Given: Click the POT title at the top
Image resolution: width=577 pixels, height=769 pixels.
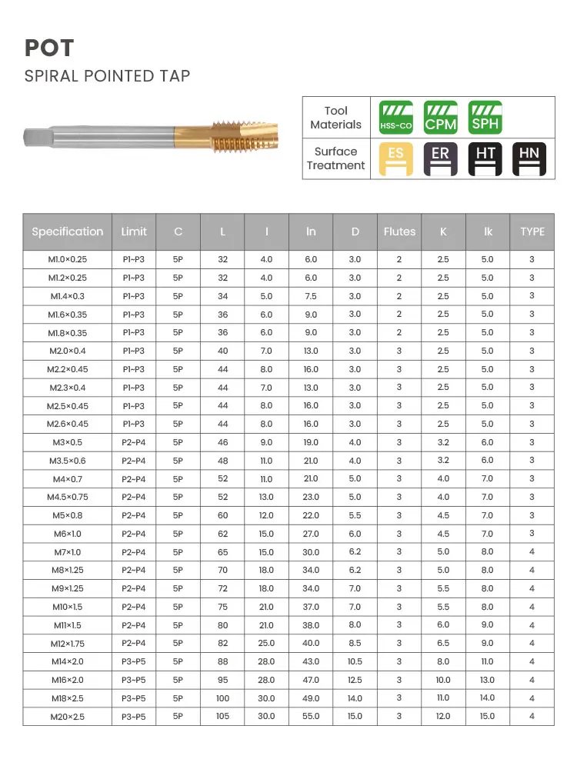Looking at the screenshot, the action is point(49,48).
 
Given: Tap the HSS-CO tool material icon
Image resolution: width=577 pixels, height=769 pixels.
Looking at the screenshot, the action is point(396,117).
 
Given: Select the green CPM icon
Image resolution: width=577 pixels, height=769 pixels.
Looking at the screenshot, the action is point(441,117).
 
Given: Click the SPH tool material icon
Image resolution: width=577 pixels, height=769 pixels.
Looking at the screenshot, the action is point(485,117).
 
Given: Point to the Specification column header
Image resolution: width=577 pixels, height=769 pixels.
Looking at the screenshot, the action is point(67,231).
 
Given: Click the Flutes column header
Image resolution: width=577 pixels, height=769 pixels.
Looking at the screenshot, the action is point(399,231).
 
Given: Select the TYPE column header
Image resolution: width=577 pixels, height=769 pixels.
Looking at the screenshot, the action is point(532,231).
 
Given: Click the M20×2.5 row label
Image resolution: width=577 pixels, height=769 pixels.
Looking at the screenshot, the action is point(67,716).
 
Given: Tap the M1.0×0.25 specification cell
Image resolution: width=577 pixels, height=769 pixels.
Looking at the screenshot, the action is point(67,260).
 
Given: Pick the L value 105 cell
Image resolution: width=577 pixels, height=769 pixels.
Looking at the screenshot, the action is point(222,716).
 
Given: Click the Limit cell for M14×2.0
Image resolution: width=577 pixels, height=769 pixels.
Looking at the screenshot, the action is point(133,661).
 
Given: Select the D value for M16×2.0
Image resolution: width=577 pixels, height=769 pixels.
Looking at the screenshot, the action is point(355,680).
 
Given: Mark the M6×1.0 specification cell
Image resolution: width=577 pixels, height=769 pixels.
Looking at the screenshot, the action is point(67,534).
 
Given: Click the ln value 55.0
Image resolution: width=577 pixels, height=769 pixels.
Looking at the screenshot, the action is point(311,716).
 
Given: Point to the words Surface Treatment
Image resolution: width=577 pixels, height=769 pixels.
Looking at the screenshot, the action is point(335,158).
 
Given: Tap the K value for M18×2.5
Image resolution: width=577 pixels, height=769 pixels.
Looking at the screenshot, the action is point(443,698).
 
